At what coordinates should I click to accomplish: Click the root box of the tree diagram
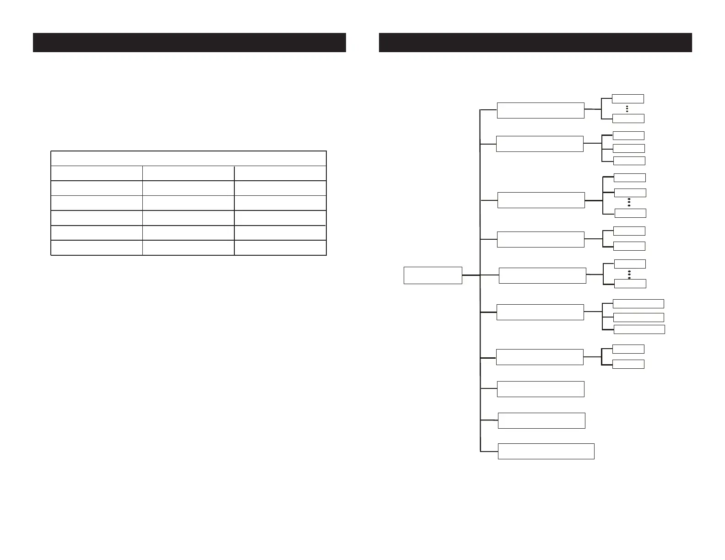(x=433, y=275)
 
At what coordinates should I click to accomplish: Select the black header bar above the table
(x=189, y=43)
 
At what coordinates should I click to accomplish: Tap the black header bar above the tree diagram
(x=535, y=43)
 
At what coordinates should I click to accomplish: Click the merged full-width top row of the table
(x=188, y=158)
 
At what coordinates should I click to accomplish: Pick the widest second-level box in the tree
(x=546, y=451)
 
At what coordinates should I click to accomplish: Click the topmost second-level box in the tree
(x=541, y=111)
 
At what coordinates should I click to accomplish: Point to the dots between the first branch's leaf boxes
(x=627, y=109)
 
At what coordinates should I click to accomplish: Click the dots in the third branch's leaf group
(x=629, y=202)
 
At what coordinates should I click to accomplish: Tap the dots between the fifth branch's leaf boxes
(x=629, y=275)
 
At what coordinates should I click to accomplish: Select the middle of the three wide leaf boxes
(x=638, y=317)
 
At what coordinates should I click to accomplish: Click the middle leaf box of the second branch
(x=629, y=148)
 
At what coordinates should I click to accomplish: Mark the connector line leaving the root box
(x=471, y=275)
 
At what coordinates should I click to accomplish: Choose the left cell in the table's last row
(x=97, y=248)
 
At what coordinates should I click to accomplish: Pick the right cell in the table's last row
(x=280, y=248)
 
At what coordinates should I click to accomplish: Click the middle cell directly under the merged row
(x=188, y=173)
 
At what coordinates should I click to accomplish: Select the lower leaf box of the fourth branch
(x=629, y=246)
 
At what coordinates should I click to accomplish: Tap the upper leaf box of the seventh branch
(x=628, y=349)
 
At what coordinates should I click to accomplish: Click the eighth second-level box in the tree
(x=541, y=389)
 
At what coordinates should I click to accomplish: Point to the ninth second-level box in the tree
(x=541, y=420)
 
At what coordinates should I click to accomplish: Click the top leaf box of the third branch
(x=630, y=178)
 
